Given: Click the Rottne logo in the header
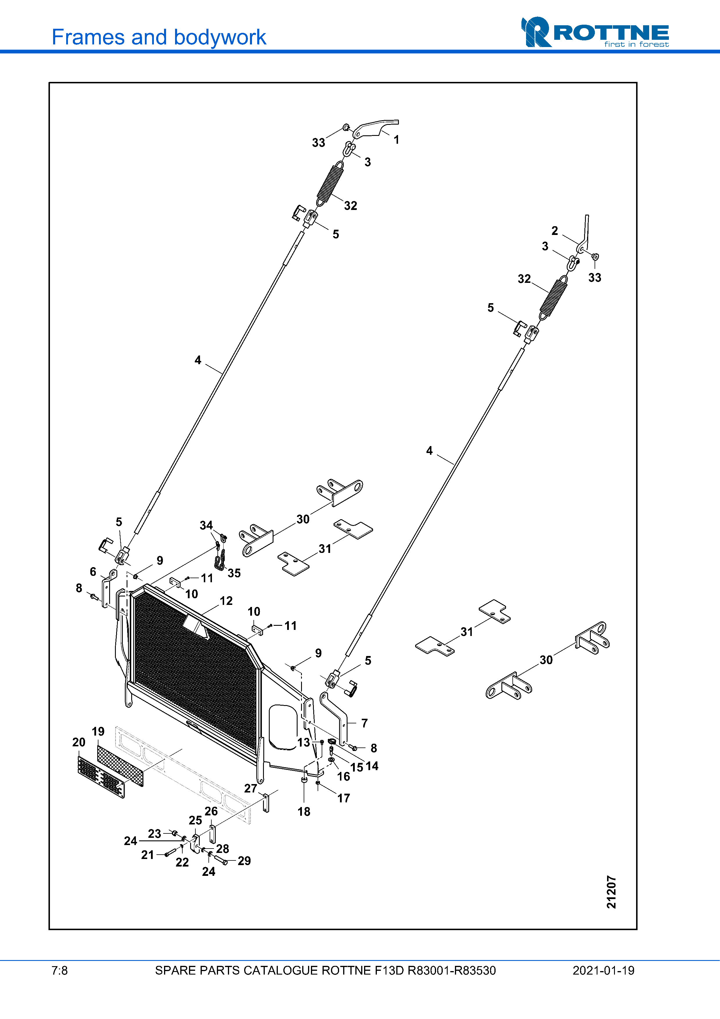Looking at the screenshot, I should click(x=595, y=33).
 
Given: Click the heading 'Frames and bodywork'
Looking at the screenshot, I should click(x=159, y=37).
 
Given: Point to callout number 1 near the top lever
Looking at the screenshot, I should click(x=396, y=140).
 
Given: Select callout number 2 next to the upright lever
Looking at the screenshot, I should click(x=555, y=231).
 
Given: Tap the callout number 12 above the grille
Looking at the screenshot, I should click(x=226, y=601).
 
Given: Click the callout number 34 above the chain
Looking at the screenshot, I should click(x=206, y=526).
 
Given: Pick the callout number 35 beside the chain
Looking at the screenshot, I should click(x=234, y=573).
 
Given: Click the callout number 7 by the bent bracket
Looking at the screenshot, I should click(x=364, y=723).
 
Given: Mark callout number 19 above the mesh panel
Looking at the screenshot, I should click(x=98, y=732).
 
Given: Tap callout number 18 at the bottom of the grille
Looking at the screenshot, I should click(x=304, y=812).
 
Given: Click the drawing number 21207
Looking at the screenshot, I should click(x=611, y=892).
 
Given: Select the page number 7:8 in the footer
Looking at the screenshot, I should click(x=60, y=971).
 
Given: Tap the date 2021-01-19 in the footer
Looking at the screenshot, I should click(x=603, y=971).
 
